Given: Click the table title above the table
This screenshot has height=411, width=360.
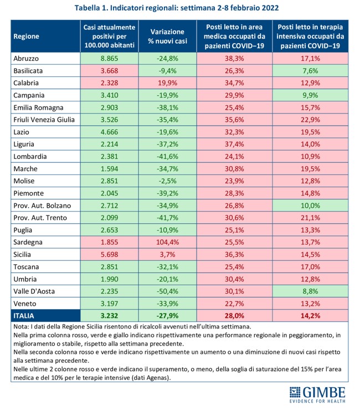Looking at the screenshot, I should (180, 8).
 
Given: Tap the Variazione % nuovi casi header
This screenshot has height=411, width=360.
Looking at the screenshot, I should (167, 36).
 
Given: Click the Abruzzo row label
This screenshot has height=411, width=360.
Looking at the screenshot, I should (26, 58).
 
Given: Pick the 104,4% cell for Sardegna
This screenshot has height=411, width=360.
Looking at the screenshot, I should (167, 243).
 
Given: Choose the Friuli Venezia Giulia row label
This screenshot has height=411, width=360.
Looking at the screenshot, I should (44, 119).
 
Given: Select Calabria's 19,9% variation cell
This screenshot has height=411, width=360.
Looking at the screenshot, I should (167, 82).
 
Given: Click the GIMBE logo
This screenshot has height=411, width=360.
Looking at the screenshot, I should (317, 395).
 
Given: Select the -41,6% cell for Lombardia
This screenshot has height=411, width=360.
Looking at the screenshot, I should (167, 156).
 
